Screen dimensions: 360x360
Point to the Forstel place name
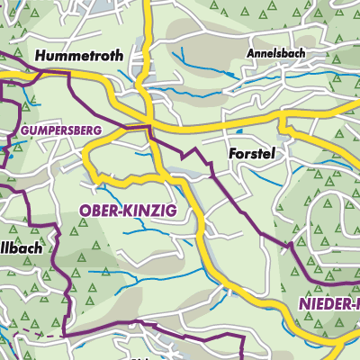click(250, 154)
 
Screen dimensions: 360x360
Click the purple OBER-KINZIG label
click(129, 210)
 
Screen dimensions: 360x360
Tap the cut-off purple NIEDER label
click(326, 306)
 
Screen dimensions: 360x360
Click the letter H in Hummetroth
click(40, 56)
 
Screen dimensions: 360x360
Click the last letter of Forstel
click(271, 154)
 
